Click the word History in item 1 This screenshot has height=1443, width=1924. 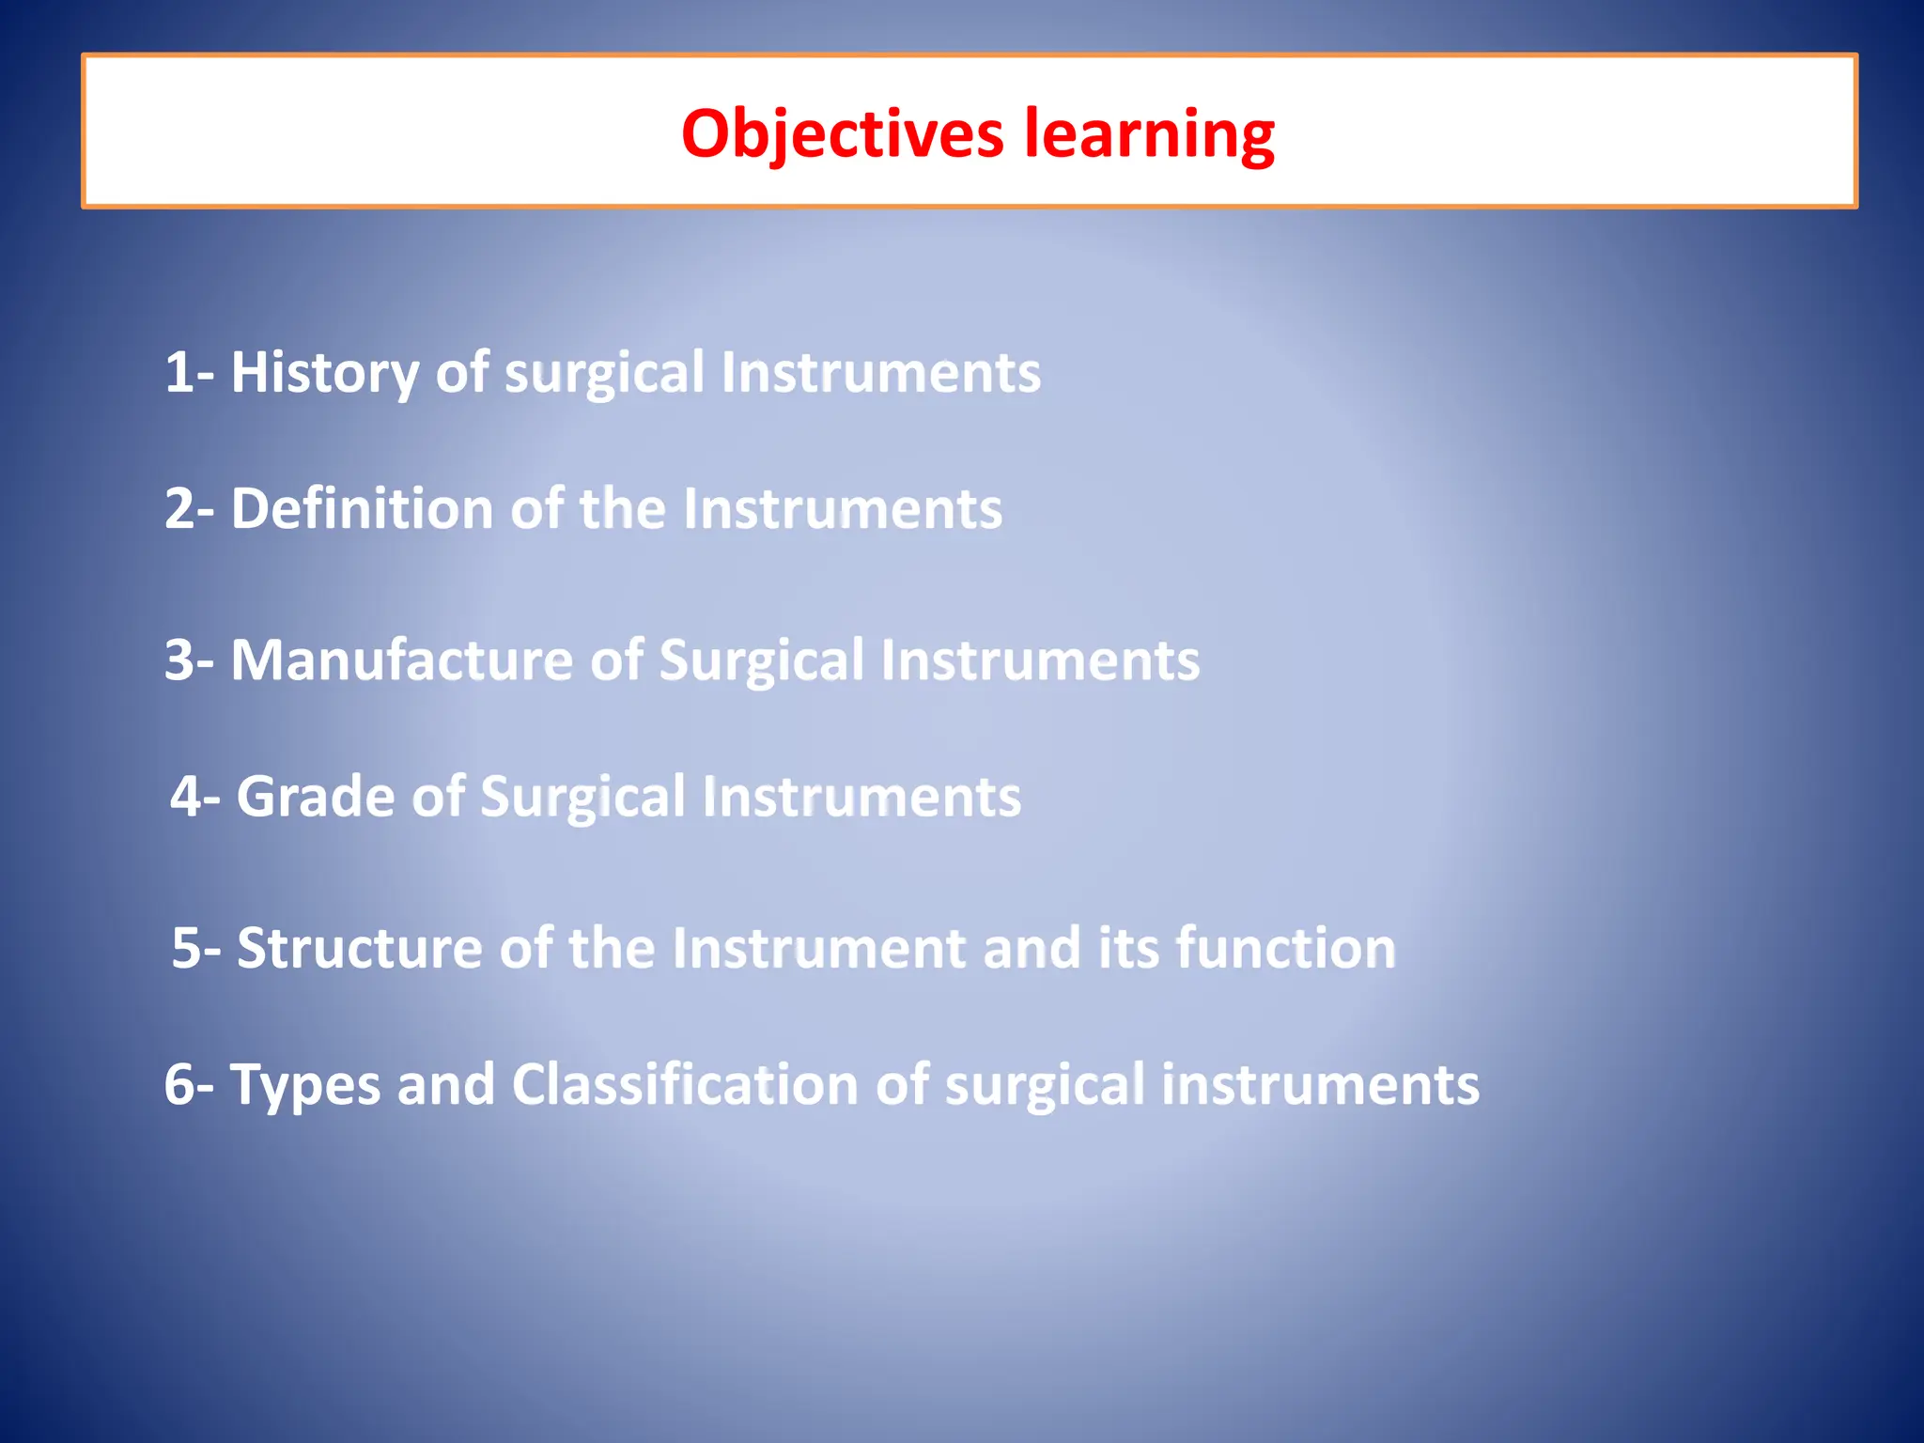(325, 372)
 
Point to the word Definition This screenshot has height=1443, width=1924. (362, 509)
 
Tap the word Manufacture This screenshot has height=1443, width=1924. (401, 659)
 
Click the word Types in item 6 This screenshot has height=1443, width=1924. (304, 1085)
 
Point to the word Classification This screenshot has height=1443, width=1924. (685, 1085)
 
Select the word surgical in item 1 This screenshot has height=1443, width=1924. (604, 374)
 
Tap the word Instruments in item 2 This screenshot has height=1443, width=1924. (842, 509)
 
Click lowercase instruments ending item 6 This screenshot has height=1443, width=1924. (1320, 1085)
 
